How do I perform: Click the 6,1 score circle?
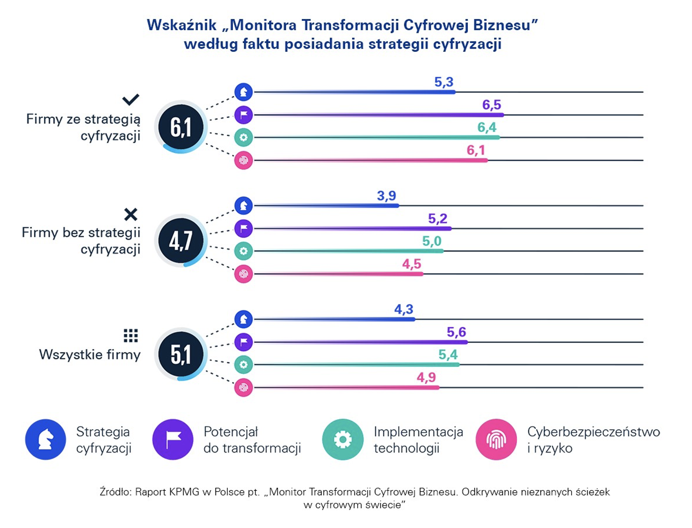click(181, 126)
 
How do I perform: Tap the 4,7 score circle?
click(181, 240)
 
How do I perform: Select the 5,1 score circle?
click(181, 354)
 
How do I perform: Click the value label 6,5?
click(491, 105)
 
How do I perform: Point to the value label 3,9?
click(386, 195)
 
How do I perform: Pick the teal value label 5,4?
click(448, 355)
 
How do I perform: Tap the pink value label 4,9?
click(426, 377)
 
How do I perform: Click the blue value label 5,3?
click(444, 82)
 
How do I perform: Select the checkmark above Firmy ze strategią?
click(131, 99)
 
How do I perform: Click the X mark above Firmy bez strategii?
click(131, 214)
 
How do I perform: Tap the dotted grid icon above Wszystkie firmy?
click(131, 335)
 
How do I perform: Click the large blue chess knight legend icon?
click(45, 440)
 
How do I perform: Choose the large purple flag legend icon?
click(173, 440)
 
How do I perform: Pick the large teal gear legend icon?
click(343, 440)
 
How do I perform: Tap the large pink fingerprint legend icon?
click(496, 440)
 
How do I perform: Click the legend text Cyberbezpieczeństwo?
click(593, 432)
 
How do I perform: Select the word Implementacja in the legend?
click(418, 432)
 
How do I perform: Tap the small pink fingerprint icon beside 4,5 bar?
click(244, 274)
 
